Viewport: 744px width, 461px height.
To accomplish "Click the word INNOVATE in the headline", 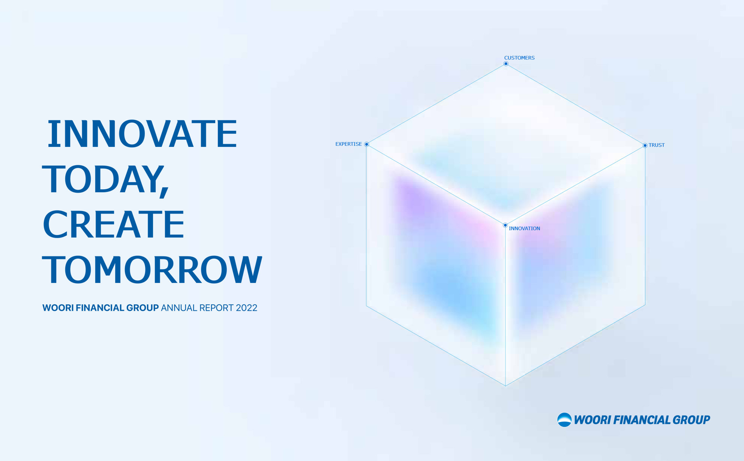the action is tap(142, 134).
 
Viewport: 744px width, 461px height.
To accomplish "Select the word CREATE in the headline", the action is tap(114, 224).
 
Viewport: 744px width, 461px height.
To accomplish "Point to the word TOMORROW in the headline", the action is tap(152, 269).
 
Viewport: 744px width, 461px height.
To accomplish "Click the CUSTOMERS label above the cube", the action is tap(519, 58).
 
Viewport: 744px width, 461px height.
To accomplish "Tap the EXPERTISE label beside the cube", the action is tap(348, 144).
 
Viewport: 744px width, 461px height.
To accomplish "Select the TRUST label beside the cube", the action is tap(657, 145).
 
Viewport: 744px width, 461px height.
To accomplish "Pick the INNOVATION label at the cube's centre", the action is tap(524, 228).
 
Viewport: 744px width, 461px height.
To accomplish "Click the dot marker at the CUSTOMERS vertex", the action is tap(506, 64).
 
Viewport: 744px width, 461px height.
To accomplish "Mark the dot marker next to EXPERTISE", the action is tap(367, 144).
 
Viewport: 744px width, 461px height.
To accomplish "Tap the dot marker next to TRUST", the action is tap(645, 145).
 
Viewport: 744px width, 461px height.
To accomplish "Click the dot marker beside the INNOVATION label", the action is tap(505, 225).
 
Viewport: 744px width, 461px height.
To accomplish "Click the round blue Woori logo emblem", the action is tap(564, 420).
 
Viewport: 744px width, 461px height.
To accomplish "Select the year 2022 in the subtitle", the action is tap(246, 308).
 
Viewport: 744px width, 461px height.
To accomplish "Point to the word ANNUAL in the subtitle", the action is tap(179, 308).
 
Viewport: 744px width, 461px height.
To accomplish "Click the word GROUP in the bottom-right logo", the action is tap(691, 420).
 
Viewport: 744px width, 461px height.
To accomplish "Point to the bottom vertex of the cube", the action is tap(505, 386).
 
